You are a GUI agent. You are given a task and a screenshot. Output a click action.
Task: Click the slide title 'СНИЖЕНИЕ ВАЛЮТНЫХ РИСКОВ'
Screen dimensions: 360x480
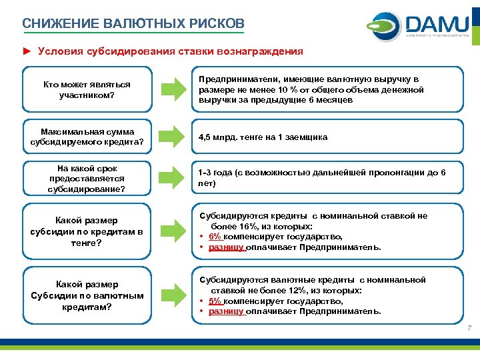point(133,23)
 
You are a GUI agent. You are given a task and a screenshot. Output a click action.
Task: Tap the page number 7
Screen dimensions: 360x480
point(469,328)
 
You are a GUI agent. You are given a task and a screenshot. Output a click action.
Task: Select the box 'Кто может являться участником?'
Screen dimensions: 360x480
point(87,90)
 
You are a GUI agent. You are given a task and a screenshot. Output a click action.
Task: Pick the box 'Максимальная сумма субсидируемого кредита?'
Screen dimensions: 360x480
point(87,137)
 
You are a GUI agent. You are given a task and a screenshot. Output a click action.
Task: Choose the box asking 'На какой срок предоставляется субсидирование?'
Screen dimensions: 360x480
point(87,179)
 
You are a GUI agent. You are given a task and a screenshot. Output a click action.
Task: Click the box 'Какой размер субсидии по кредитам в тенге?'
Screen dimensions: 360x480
point(87,231)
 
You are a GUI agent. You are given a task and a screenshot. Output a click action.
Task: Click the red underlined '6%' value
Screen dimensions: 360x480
point(215,237)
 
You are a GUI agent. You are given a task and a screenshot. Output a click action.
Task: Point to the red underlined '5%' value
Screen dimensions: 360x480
point(215,301)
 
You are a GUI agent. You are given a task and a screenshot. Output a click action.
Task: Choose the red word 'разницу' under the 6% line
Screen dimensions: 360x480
point(227,247)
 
